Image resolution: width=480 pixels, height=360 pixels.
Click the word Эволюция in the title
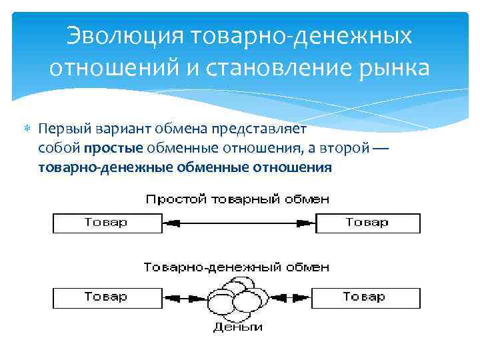coord(127,36)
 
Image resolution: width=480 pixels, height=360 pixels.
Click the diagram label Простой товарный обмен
coord(237,199)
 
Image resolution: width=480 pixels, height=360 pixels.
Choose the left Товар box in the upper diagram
coord(106,223)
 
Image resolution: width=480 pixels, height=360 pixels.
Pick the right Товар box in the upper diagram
coord(367,223)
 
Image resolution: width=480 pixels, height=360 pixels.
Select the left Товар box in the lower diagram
coord(106,296)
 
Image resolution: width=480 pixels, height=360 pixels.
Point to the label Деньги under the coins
coord(237,327)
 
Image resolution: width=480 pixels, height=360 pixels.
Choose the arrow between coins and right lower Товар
coord(291,297)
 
